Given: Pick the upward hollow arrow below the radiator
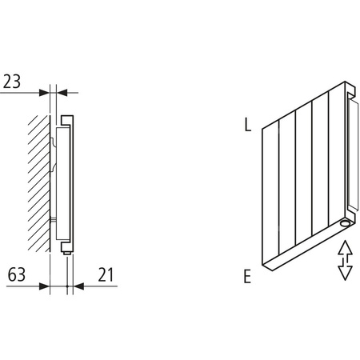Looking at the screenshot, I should [346, 249].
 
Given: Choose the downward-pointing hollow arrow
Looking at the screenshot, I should [346, 270].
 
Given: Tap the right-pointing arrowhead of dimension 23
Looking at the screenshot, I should [45, 93].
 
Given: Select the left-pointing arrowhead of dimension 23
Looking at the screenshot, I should [61, 93].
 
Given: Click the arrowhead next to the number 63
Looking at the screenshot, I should [45, 284].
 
